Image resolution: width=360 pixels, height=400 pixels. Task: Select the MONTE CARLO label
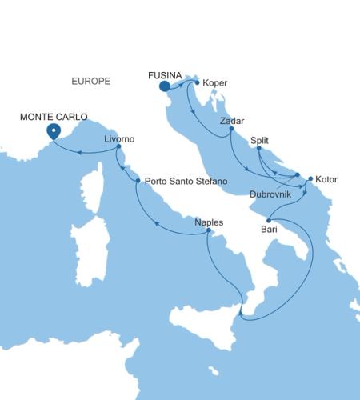[x=54, y=117]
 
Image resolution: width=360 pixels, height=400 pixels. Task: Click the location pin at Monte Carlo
[x=54, y=131]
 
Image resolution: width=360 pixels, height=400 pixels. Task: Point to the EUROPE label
[x=90, y=82]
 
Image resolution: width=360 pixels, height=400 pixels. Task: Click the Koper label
[x=216, y=82]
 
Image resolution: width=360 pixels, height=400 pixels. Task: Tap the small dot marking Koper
[x=197, y=82]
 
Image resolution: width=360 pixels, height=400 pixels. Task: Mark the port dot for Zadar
[x=231, y=129]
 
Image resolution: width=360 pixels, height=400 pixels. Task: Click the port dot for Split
[x=258, y=148]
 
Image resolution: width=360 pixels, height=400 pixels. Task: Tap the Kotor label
[x=327, y=179]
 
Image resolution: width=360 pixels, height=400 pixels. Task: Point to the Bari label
[x=270, y=230]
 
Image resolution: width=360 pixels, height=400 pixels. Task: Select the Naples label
[x=209, y=222]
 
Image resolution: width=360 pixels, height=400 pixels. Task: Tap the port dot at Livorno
[x=118, y=147]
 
